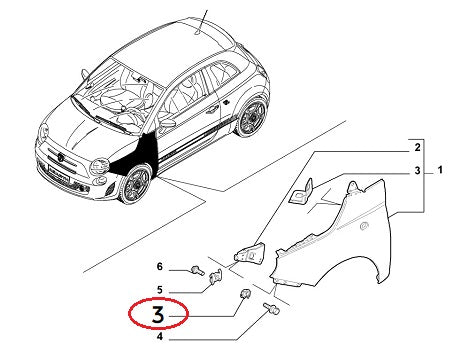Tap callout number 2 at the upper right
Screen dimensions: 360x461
point(404,147)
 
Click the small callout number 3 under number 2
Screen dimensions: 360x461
point(404,173)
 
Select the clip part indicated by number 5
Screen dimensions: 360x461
point(215,285)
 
